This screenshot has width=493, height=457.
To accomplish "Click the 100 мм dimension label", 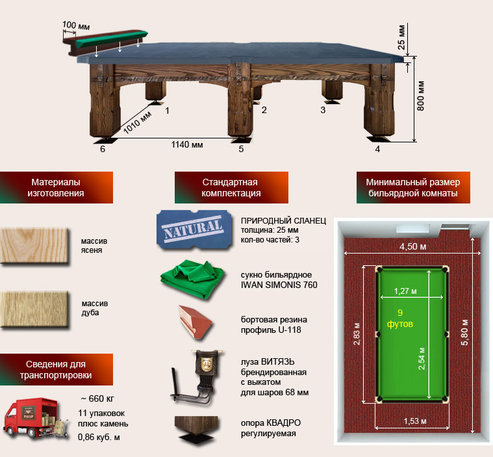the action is click(76, 25).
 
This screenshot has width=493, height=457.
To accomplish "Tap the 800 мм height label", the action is click(420, 96).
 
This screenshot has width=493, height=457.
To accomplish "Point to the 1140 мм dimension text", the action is click(187, 145).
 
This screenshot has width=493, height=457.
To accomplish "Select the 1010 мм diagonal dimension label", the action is click(138, 122).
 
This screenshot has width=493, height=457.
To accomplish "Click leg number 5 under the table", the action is click(241, 149).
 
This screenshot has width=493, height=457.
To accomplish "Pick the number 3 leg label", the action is click(323, 110).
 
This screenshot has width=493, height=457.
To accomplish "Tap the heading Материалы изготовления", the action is click(56, 188).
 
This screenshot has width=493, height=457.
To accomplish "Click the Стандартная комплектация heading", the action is click(231, 188).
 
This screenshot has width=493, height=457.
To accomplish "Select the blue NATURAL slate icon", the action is click(194, 229).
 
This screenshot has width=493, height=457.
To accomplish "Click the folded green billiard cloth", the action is click(193, 279).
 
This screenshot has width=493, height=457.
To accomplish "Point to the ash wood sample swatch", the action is click(34, 246).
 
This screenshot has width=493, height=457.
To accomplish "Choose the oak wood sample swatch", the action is click(34, 309).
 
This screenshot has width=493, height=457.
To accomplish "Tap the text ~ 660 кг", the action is click(97, 398).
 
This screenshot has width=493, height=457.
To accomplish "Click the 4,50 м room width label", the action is click(413, 246).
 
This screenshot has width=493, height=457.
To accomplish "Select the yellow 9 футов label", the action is click(400, 318).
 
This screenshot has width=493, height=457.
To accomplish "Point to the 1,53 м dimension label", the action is click(415, 421).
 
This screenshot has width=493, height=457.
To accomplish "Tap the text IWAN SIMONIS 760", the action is click(279, 285).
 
